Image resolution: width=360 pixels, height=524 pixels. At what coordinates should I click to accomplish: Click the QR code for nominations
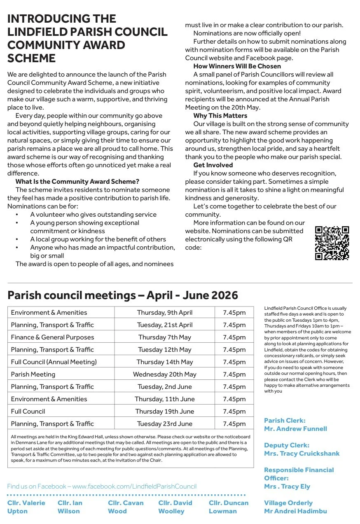click(332, 243)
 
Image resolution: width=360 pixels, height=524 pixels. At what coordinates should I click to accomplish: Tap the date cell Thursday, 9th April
click(165, 313)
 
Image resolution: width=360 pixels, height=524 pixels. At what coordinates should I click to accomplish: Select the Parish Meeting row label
click(33, 374)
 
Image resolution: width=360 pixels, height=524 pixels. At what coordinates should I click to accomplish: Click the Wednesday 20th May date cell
click(165, 374)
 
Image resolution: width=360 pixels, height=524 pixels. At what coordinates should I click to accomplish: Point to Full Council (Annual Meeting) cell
click(54, 362)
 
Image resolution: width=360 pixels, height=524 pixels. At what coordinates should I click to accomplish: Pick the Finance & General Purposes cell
click(52, 337)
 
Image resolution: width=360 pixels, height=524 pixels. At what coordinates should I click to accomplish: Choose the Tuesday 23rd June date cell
click(165, 424)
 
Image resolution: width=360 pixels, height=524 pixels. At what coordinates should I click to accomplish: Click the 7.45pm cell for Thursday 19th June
click(234, 412)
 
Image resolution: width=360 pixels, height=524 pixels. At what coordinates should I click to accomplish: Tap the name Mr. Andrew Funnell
click(295, 429)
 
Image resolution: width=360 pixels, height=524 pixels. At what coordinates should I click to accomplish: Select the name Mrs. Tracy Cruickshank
click(302, 454)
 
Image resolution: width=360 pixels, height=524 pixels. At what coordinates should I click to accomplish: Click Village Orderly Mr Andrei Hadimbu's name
click(295, 511)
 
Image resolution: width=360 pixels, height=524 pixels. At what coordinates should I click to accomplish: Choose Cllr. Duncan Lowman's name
click(229, 507)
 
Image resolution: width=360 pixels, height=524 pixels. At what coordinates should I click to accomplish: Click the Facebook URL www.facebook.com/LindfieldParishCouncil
click(134, 487)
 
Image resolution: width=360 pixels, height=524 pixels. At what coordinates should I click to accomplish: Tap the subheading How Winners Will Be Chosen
click(237, 66)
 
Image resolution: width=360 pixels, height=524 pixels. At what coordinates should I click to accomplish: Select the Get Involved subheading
click(213, 165)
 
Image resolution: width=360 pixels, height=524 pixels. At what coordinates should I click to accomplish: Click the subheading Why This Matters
click(220, 116)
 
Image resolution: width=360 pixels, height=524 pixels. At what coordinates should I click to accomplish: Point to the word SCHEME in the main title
click(31, 58)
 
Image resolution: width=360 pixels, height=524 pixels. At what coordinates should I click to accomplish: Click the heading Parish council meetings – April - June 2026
click(123, 295)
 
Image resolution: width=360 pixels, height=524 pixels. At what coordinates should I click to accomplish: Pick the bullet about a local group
click(98, 239)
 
